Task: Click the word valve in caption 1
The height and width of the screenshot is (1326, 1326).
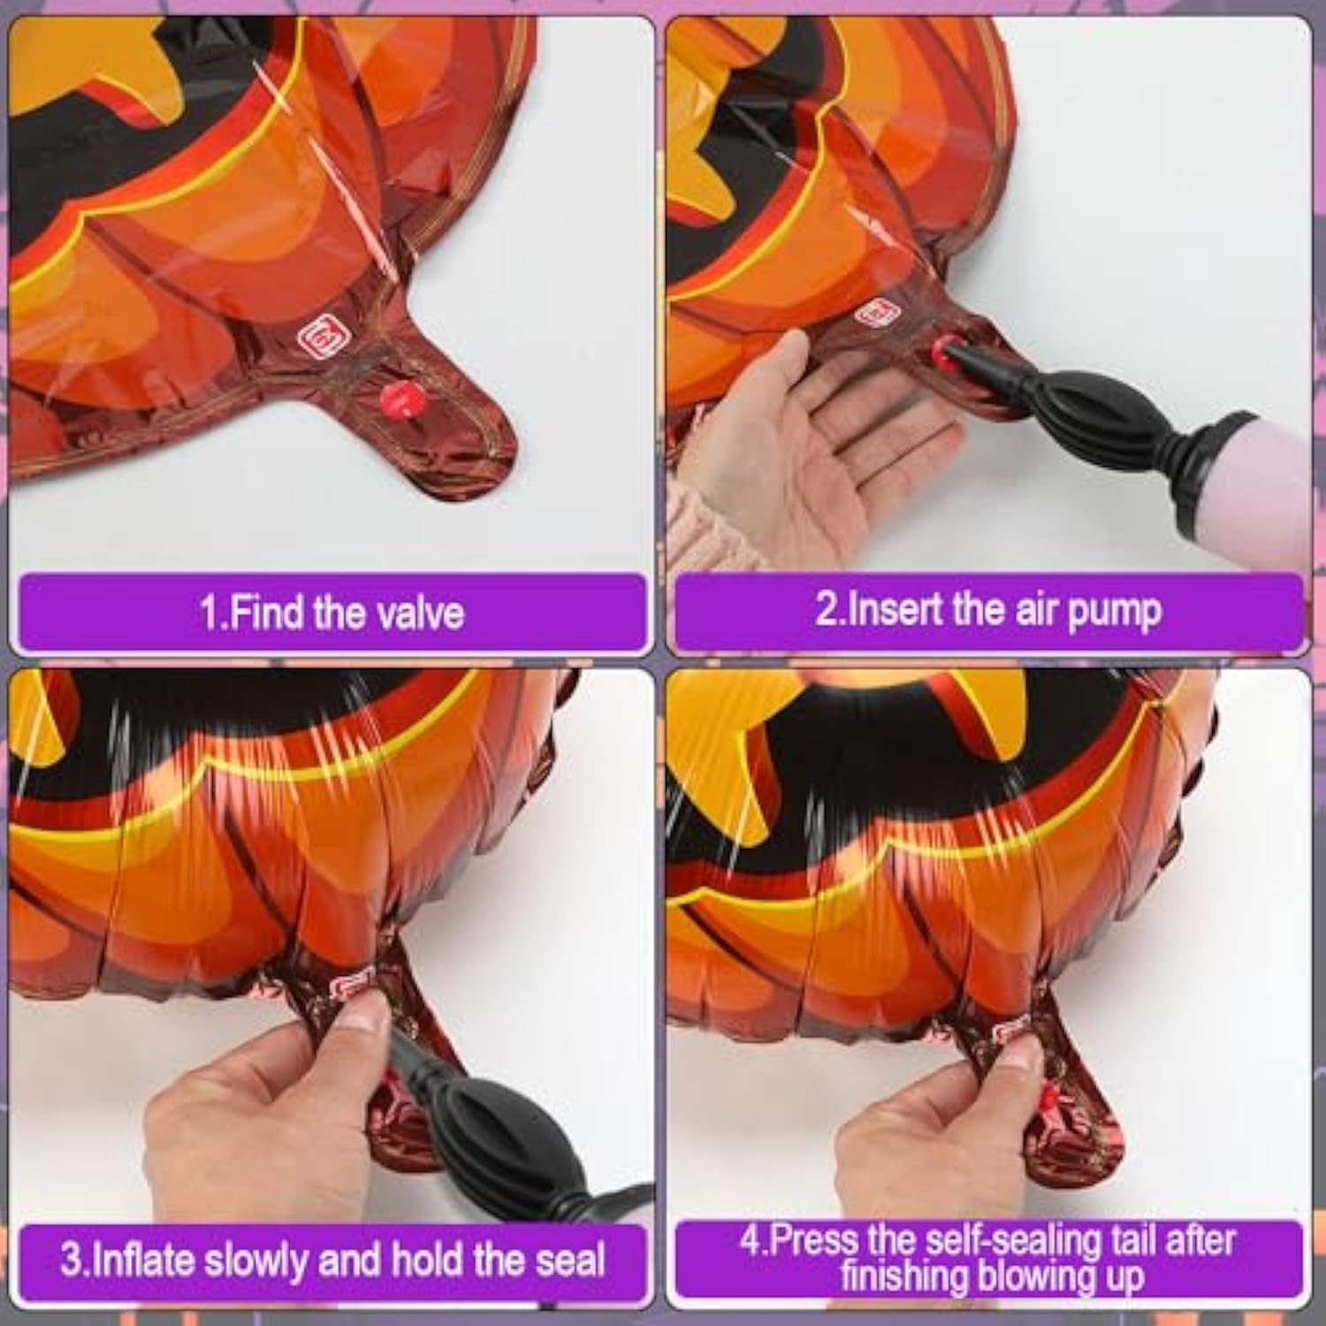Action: pyautogui.click(x=420, y=612)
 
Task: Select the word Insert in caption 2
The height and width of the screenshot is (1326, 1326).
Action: pyautogui.click(x=894, y=610)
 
